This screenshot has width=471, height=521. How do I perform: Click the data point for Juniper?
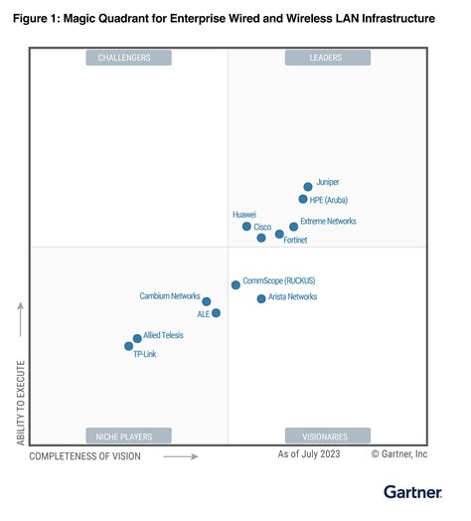(308, 186)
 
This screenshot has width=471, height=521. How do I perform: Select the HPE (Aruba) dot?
(303, 199)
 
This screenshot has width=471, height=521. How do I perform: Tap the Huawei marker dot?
(246, 227)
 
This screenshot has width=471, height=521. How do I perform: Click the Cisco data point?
(261, 238)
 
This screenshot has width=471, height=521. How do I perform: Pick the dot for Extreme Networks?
(293, 227)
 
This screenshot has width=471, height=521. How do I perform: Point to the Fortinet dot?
(279, 234)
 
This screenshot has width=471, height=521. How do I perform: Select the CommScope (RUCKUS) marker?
(235, 284)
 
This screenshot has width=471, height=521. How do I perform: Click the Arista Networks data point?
(261, 298)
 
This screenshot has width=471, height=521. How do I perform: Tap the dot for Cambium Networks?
(206, 301)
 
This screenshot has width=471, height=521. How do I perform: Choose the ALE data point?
(216, 313)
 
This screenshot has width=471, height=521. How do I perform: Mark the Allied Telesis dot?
(137, 338)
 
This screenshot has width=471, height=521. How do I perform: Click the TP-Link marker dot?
(128, 346)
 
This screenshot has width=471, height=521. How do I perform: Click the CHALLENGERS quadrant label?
(129, 58)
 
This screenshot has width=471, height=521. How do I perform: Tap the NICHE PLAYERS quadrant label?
(129, 435)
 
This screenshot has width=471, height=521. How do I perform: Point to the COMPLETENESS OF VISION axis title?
(84, 456)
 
